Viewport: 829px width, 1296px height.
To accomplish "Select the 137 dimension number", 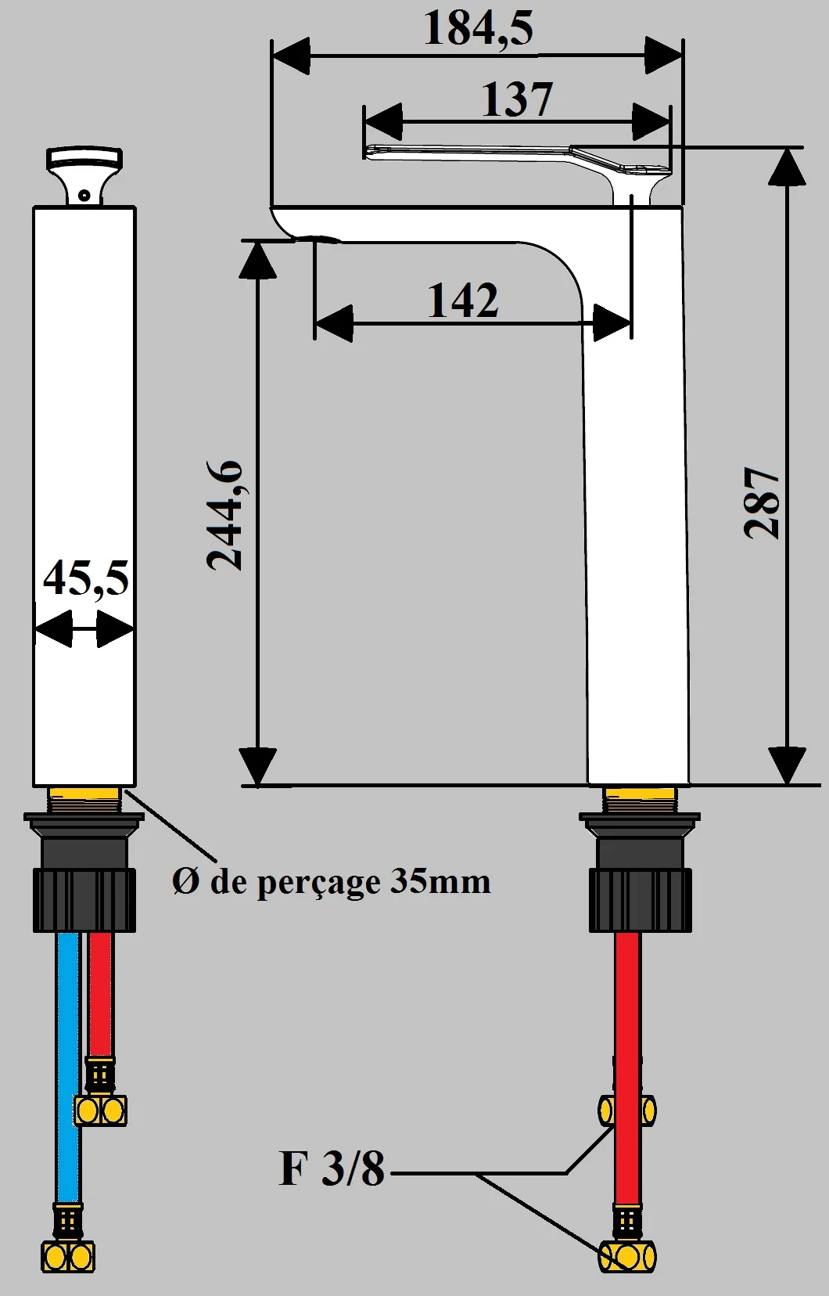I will coord(516,100).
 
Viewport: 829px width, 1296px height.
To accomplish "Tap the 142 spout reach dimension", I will coord(462,301).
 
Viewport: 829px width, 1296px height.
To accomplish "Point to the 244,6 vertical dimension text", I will coord(225,516).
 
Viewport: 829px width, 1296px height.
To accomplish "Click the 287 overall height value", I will coord(762,503).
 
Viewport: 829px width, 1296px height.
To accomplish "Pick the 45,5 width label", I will coord(85,580).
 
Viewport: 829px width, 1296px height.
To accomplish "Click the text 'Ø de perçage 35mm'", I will coord(332,882).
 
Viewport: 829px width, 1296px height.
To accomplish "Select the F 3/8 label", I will coord(332,1168).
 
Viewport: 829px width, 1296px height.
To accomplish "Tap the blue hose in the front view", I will coord(69,1064).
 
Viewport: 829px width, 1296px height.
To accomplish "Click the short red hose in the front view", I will coord(100,994).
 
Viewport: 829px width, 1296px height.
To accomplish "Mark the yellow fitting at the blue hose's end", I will coord(67,1257).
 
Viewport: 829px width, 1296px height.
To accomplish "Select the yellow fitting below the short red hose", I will coord(101,1110).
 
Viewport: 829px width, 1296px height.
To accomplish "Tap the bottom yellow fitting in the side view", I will coord(627,1258).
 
